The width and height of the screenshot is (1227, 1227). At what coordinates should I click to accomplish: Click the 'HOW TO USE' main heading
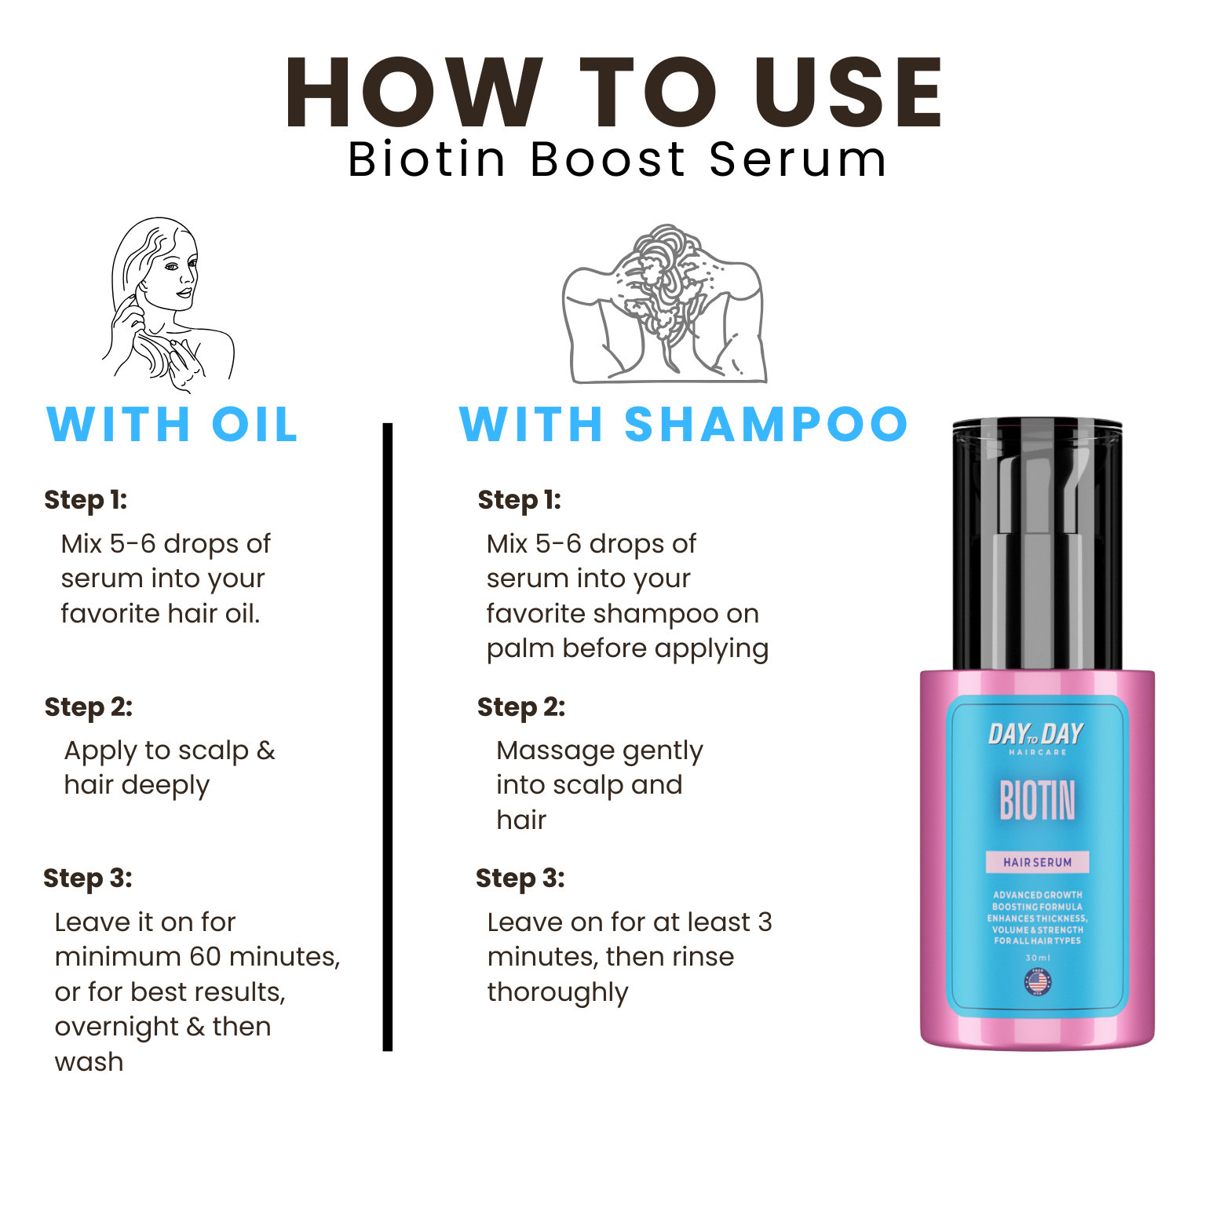pyautogui.click(x=613, y=93)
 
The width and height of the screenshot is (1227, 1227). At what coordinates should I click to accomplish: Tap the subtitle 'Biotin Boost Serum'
pyautogui.click(x=617, y=159)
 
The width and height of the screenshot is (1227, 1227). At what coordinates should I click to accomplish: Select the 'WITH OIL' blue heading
pyautogui.click(x=173, y=425)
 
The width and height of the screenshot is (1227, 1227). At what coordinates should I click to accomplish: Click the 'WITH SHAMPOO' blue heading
pyautogui.click(x=683, y=425)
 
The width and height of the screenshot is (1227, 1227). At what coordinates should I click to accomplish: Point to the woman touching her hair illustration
pyautogui.click(x=166, y=305)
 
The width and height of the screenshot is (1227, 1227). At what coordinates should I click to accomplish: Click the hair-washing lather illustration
pyautogui.click(x=664, y=305)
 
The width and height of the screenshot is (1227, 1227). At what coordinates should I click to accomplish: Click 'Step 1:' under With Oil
pyautogui.click(x=86, y=500)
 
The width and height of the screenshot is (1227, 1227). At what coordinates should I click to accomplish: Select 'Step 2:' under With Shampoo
pyautogui.click(x=520, y=707)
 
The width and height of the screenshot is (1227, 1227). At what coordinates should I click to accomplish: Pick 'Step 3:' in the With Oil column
pyautogui.click(x=88, y=878)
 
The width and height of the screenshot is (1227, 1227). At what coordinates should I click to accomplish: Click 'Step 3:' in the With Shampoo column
pyautogui.click(x=520, y=878)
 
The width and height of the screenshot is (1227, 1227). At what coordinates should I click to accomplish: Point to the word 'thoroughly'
pyautogui.click(x=557, y=992)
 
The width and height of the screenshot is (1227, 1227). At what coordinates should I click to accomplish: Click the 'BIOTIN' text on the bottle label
pyautogui.click(x=1037, y=801)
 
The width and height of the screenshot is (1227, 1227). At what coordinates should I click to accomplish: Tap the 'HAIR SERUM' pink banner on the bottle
pyautogui.click(x=1037, y=862)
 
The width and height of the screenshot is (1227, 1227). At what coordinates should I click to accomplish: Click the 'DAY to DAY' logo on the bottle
pyautogui.click(x=1035, y=735)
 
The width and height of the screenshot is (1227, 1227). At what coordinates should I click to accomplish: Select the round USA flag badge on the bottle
pyautogui.click(x=1038, y=981)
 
